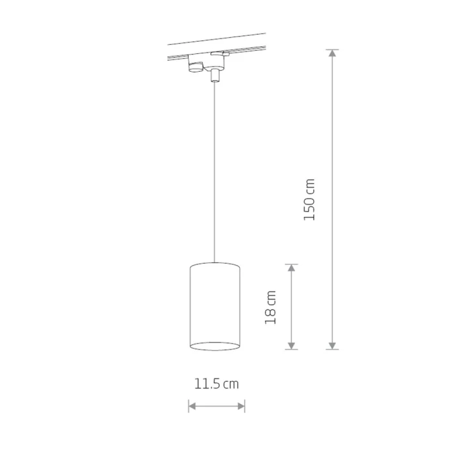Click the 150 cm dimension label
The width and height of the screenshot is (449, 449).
tap(309, 199)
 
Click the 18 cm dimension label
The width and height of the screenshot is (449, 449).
tap(270, 307)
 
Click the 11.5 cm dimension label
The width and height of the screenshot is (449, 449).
tap(217, 384)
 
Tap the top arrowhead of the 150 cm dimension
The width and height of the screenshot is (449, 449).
tap(332, 53)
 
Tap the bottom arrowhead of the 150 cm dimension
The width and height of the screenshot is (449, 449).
tap(332, 346)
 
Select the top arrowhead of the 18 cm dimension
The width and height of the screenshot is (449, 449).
tap(291, 267)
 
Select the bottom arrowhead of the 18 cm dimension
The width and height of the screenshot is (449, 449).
tap(291, 346)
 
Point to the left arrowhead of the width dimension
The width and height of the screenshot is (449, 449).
tap(192, 406)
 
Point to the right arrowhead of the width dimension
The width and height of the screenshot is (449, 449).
tap(241, 406)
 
